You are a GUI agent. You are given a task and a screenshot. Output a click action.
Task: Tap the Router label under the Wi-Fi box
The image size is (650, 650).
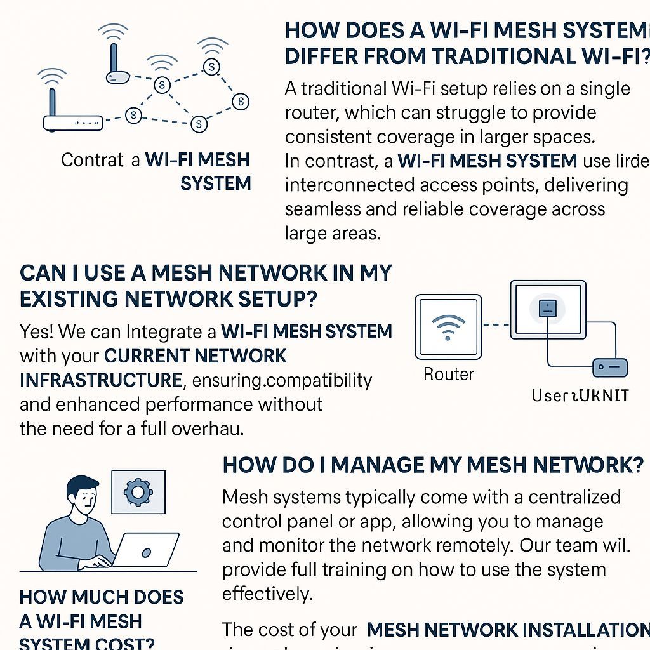pos(449,374)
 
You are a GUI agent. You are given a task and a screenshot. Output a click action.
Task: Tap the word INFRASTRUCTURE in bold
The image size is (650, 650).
pos(101,380)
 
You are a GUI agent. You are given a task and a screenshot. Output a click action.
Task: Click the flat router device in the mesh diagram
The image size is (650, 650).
pos(72,123)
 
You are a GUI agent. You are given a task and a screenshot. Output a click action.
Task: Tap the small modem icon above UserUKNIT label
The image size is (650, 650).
pos(609,367)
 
